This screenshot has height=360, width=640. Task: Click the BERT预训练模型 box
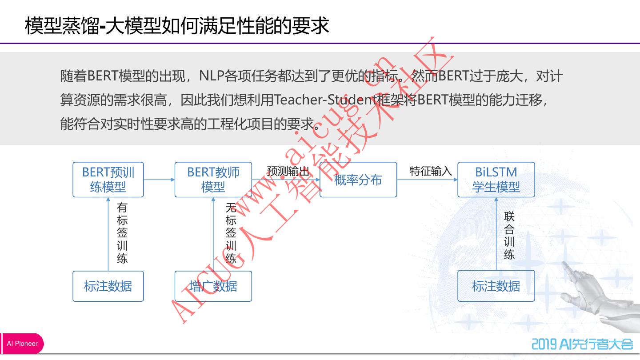(108, 180)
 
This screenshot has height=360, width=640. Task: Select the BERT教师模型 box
(213, 180)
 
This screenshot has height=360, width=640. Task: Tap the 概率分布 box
(358, 180)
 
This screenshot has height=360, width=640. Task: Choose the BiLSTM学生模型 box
(496, 180)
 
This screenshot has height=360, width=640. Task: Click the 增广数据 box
(213, 286)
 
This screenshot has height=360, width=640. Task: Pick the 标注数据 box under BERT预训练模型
(108, 286)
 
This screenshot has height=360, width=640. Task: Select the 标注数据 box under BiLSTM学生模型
(496, 286)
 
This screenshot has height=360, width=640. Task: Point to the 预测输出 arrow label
(288, 171)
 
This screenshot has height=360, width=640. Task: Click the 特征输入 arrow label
(430, 171)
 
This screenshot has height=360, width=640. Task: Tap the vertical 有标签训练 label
(122, 233)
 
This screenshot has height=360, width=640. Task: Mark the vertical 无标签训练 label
(231, 233)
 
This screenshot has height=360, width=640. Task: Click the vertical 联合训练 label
(509, 236)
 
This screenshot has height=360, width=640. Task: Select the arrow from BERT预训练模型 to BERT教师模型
(159, 180)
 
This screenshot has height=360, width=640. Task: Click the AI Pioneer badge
(22, 344)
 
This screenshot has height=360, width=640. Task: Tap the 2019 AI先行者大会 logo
(582, 344)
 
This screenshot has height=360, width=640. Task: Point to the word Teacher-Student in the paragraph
(325, 100)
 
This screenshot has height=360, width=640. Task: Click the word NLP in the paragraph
(212, 76)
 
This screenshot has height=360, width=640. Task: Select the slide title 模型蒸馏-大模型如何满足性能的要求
(177, 26)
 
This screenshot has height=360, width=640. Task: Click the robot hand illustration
(596, 293)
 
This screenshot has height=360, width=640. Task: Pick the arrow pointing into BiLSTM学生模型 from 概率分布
(427, 180)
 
